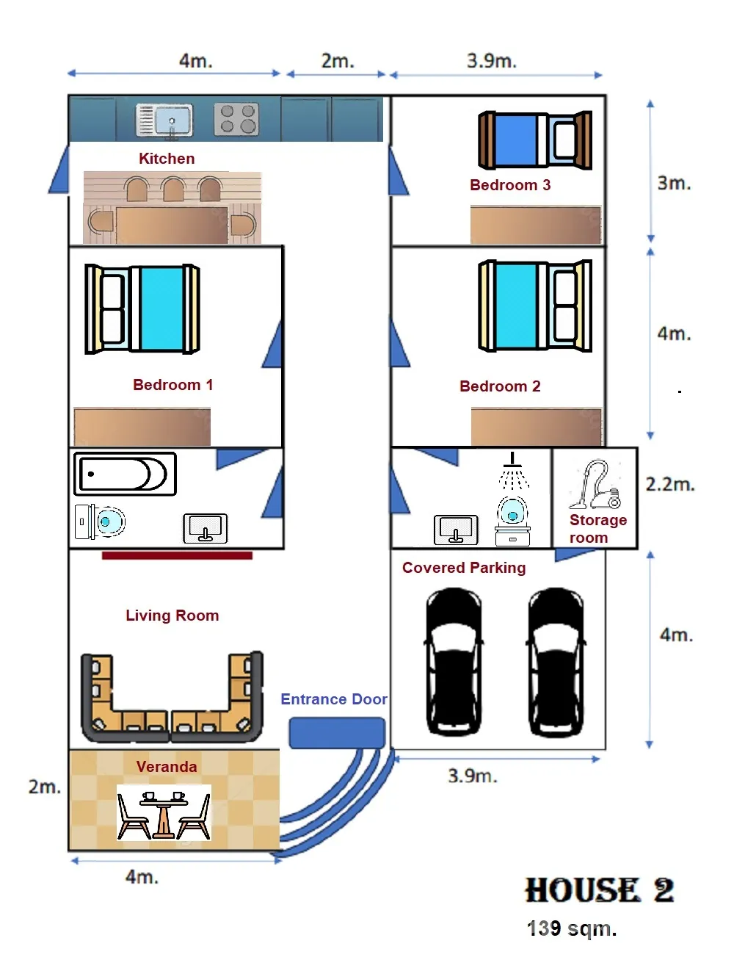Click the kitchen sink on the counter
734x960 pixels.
pyautogui.click(x=164, y=120)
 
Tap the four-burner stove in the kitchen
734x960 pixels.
pyautogui.click(x=236, y=120)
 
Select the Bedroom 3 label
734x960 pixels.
pyautogui.click(x=510, y=185)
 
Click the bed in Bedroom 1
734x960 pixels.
pyautogui.click(x=142, y=309)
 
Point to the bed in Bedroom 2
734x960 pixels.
pyautogui.click(x=535, y=306)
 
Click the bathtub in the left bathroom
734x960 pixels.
pyautogui.click(x=125, y=474)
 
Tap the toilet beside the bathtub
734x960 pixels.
pyautogui.click(x=101, y=521)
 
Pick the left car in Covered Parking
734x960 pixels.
pyautogui.click(x=454, y=662)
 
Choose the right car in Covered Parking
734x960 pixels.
pyautogui.click(x=556, y=662)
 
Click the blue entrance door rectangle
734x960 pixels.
pyautogui.click(x=337, y=733)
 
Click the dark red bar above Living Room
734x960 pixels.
pyautogui.click(x=177, y=556)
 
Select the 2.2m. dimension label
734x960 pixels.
pyautogui.click(x=669, y=485)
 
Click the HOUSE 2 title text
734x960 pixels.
pyautogui.click(x=599, y=890)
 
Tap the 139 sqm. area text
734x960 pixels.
pyautogui.click(x=572, y=929)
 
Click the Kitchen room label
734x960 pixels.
pyautogui.click(x=167, y=159)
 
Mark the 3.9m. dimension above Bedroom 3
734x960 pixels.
pyautogui.click(x=491, y=61)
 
